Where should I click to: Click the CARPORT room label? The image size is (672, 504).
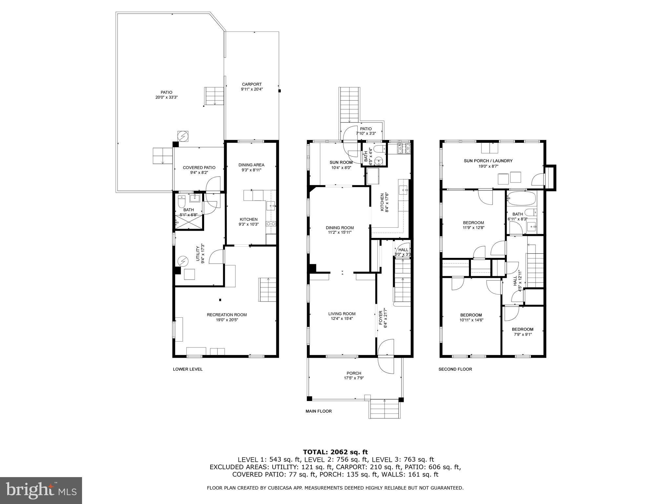tap(252, 84)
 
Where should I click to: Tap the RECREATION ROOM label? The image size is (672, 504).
tap(227, 315)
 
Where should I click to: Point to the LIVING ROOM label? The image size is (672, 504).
tap(342, 314)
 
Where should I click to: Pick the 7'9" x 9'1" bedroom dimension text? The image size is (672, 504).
tap(522, 334)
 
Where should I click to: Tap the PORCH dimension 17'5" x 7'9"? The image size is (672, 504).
tap(354, 378)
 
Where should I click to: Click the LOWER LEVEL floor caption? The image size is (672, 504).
tap(188, 369)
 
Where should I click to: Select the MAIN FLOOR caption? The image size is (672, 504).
tap(319, 411)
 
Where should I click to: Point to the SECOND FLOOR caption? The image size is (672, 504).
tap(455, 369)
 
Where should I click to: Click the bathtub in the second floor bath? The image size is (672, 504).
tap(521, 198)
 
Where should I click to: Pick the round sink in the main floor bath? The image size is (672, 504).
tap(379, 162)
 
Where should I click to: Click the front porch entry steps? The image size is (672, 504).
tap(385, 409)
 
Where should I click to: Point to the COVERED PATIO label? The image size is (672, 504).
tap(199, 168)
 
